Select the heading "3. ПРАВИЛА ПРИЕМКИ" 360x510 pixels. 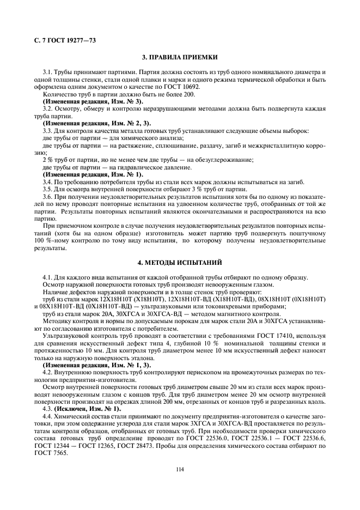click(180, 57)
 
